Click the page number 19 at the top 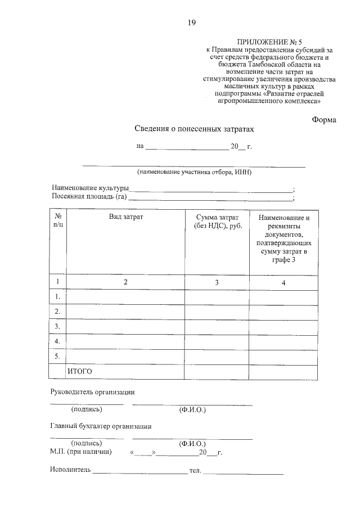point(192,22)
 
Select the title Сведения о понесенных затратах point(195,129)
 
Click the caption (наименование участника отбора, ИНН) point(194,172)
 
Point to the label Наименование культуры point(91,188)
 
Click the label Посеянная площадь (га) point(89,197)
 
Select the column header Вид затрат point(126,217)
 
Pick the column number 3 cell point(217,283)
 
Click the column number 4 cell point(283,283)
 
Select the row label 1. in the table point(57,296)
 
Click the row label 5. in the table point(57,356)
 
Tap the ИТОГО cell point(80,371)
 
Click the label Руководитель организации point(93,392)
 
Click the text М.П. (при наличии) point(80,452)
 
